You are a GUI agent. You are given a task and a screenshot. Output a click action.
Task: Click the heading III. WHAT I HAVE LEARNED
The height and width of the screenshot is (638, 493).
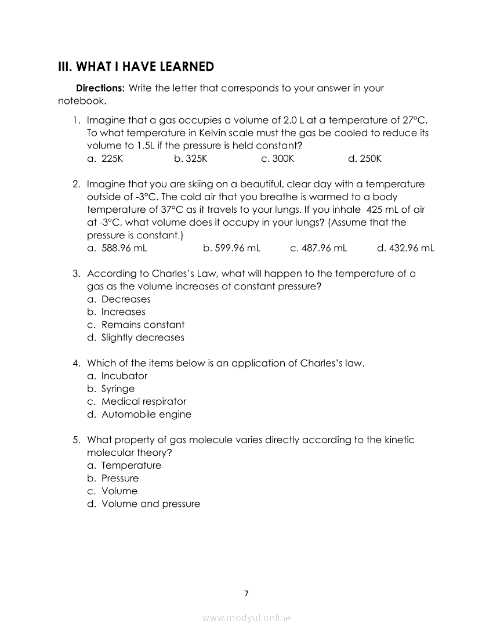[136, 67]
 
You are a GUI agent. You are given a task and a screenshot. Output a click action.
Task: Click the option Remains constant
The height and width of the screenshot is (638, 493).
[143, 325]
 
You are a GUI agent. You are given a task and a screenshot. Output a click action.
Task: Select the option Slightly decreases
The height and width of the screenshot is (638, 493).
[143, 338]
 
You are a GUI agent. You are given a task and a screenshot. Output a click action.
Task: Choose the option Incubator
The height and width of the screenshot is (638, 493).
[124, 376]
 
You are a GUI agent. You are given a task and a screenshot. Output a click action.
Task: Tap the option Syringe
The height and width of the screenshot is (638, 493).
[118, 389]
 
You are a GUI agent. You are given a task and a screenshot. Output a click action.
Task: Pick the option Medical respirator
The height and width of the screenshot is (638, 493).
[144, 401]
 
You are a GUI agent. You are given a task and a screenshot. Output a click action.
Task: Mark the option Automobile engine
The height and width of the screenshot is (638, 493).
[146, 414]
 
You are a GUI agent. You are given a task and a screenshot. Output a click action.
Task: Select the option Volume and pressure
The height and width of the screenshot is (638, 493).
[151, 504]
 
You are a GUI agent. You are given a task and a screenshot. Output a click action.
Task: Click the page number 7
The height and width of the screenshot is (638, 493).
[246, 593]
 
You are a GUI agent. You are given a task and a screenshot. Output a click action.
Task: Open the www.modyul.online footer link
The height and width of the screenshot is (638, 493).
[246, 618]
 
